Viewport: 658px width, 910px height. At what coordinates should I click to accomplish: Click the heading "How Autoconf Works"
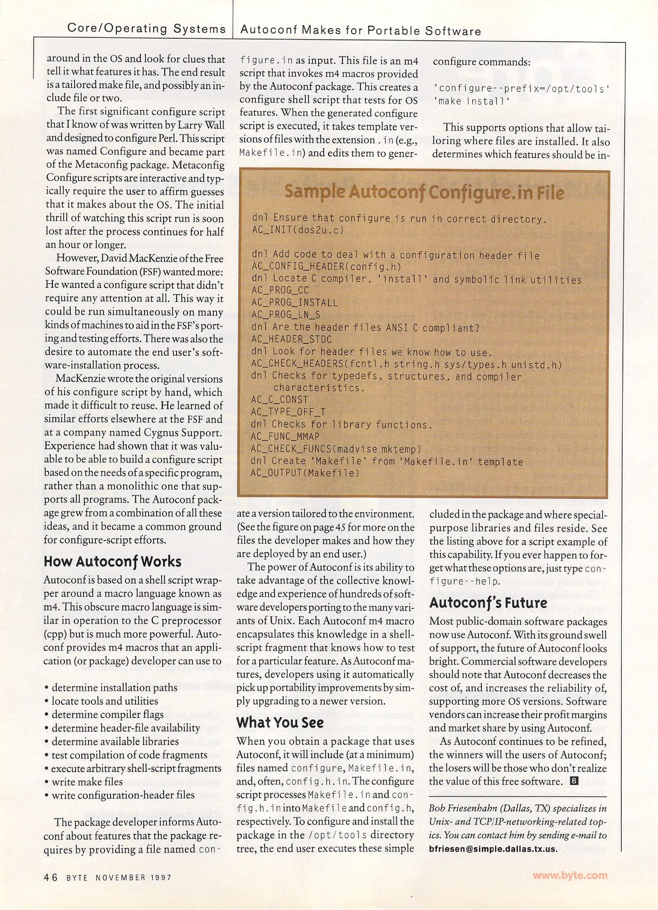pyautogui.click(x=112, y=562)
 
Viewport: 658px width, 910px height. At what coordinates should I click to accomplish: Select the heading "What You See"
pyautogui.click(x=280, y=722)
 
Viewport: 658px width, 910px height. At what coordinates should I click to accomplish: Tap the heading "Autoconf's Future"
pyautogui.click(x=488, y=602)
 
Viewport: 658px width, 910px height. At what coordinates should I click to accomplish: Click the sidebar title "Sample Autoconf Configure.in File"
pyautogui.click(x=424, y=192)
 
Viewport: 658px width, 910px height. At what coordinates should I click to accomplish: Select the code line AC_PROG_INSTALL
pyautogui.click(x=294, y=302)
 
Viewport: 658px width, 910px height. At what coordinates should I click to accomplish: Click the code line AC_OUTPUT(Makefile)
pyautogui.click(x=305, y=473)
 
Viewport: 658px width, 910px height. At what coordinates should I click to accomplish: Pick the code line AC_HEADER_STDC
pyautogui.click(x=292, y=339)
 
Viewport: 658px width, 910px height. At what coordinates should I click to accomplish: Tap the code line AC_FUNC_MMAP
pyautogui.click(x=285, y=436)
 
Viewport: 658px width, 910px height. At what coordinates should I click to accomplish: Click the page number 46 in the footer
pyautogui.click(x=51, y=877)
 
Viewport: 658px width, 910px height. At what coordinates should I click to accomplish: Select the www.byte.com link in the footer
pyautogui.click(x=570, y=875)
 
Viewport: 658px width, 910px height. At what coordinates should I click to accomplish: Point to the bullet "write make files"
pyautogui.click(x=87, y=782)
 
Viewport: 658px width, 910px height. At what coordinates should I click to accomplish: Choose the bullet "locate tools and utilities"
pyautogui.click(x=104, y=701)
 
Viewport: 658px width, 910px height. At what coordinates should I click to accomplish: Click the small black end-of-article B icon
pyautogui.click(x=573, y=781)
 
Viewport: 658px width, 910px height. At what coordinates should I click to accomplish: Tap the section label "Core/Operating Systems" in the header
pyautogui.click(x=147, y=29)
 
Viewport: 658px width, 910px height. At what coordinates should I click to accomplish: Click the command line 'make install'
pyautogui.click(x=472, y=101)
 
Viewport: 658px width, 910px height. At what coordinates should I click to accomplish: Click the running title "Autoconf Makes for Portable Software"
pyautogui.click(x=361, y=31)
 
